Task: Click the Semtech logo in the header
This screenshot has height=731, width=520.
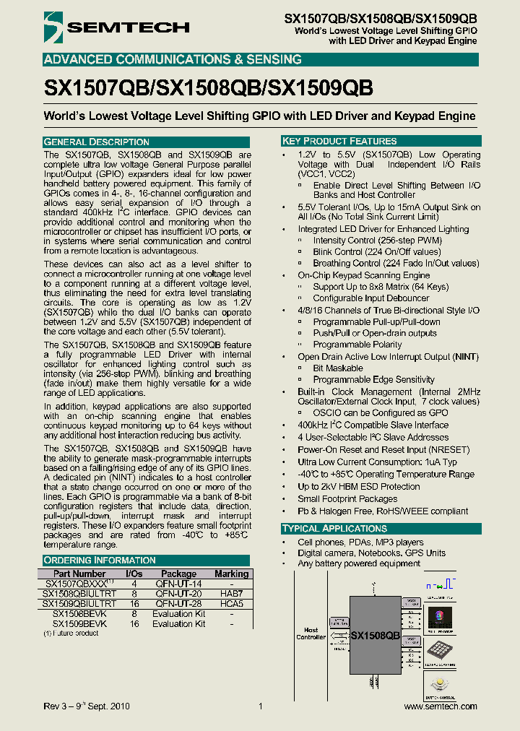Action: (116, 27)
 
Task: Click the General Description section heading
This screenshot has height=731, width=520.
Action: (97, 142)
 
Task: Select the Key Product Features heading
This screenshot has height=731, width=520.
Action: (339, 141)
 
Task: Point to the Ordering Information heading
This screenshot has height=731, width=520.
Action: (100, 560)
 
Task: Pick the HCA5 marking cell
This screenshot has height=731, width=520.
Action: (231, 603)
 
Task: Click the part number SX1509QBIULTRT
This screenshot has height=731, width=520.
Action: (79, 603)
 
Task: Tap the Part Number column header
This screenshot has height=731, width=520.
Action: (79, 574)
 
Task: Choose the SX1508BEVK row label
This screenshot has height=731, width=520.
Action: (79, 613)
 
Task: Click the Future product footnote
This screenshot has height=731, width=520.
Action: (71, 633)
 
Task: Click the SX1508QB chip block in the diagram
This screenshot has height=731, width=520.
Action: (375, 635)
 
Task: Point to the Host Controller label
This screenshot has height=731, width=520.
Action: (311, 633)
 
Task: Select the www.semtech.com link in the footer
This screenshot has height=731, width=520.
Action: (440, 706)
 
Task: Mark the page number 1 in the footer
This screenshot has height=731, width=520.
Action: (260, 706)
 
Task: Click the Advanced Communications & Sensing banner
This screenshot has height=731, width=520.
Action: (173, 59)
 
